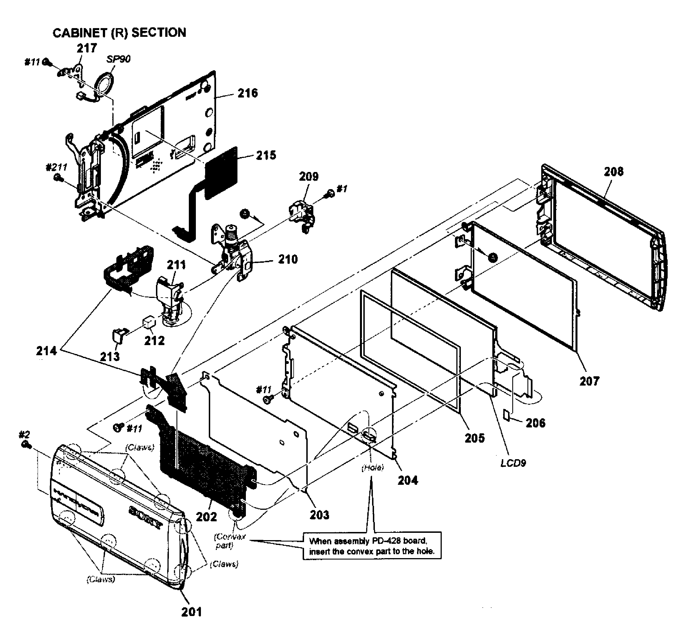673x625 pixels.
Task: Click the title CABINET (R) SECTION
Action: coord(119,33)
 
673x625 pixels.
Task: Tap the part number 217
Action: coord(87,48)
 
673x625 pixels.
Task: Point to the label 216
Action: coord(248,93)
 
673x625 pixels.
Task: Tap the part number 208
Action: coord(613,172)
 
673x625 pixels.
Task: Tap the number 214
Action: coord(46,351)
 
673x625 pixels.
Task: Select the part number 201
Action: coord(191,612)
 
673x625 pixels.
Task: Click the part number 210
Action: coord(288,259)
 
